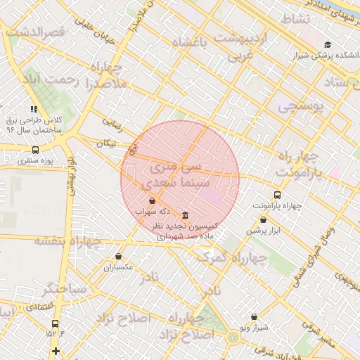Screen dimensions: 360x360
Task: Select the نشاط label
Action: (x=295, y=18)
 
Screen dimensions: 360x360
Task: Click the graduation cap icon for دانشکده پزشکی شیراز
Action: (x=327, y=44)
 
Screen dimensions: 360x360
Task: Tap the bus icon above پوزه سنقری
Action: (x=36, y=150)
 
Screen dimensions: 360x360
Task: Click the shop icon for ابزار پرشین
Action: (x=263, y=219)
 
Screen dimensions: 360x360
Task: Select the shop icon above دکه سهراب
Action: (x=152, y=200)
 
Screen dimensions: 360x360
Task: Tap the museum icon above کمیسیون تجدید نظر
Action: (x=184, y=215)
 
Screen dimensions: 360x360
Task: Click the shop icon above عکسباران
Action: (x=117, y=257)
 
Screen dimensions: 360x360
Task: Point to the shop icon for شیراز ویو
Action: (x=254, y=316)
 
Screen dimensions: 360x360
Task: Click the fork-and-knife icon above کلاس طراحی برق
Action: (x=33, y=109)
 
